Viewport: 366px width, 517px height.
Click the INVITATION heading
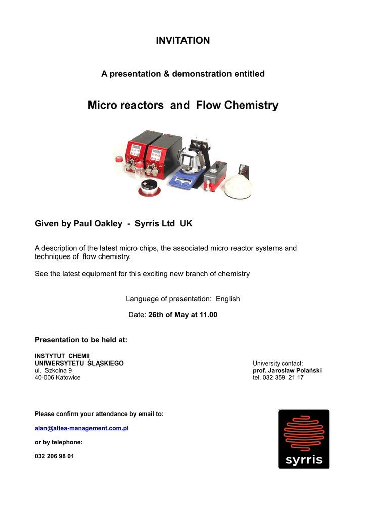click(x=182, y=41)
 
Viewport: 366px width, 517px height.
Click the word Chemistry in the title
click(x=251, y=105)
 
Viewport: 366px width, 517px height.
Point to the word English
click(x=227, y=299)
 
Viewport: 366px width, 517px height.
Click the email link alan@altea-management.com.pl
click(x=82, y=428)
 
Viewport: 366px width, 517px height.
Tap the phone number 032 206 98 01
click(x=54, y=456)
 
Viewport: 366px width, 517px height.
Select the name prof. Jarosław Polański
click(x=287, y=370)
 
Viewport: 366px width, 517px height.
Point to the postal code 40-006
click(x=44, y=377)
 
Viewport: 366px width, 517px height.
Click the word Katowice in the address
click(x=68, y=377)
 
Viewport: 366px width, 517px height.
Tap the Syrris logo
click(x=303, y=439)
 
